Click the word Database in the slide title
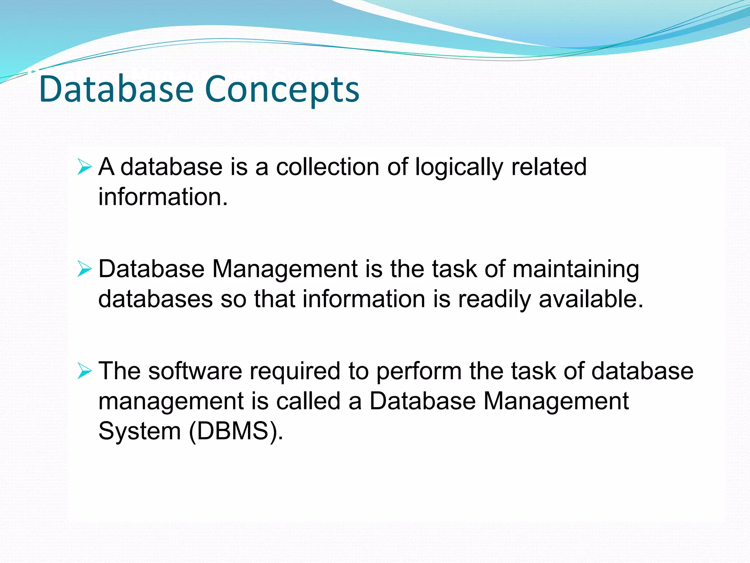point(116,89)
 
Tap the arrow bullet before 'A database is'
point(85,168)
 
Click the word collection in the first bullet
point(328,167)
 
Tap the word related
point(549,167)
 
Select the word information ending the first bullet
point(161,197)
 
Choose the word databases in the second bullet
point(155,299)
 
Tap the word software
point(195,371)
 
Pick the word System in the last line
point(140,431)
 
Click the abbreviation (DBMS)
point(234,431)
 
